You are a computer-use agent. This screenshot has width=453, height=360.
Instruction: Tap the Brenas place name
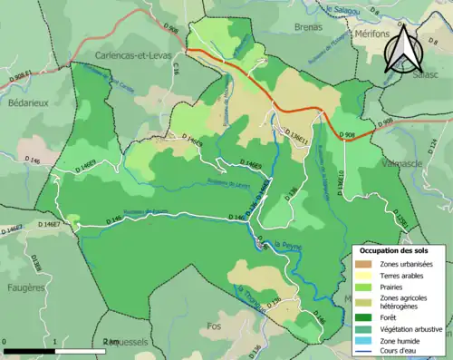(308, 28)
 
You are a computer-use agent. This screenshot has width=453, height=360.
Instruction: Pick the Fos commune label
(214, 326)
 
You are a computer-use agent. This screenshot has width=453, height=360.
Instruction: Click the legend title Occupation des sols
(394, 249)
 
